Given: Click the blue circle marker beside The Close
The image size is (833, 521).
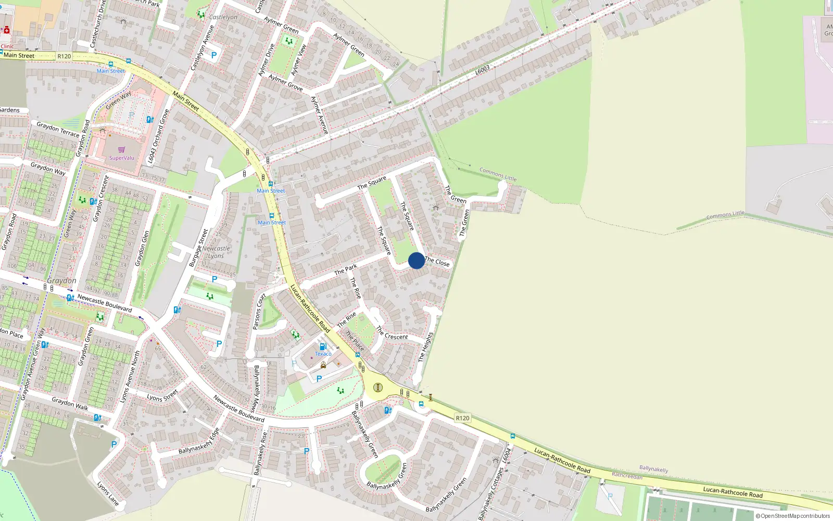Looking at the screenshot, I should point(416,260).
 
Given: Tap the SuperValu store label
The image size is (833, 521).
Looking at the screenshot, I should point(121,158).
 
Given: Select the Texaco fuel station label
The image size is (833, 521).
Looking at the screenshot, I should point(323,354).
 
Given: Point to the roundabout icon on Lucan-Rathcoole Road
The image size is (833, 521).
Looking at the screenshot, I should point(378,387).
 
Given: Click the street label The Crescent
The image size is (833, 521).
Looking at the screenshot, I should point(392,333).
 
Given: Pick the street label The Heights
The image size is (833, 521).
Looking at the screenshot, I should point(425,347).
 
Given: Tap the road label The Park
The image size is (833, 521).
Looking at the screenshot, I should point(346,269).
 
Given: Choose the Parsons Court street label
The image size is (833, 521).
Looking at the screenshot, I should point(259,312).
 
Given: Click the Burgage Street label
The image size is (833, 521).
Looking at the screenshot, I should point(198,247).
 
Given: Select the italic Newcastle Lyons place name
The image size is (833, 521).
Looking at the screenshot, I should point(216,252).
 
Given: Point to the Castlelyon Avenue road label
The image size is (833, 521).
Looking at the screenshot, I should point(203,47).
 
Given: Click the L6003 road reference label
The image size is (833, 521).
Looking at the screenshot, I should point(483,69).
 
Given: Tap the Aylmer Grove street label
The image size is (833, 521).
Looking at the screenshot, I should point(285,82).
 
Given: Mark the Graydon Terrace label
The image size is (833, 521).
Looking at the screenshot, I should point(58,129).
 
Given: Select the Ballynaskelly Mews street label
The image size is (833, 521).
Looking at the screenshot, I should point(256,389).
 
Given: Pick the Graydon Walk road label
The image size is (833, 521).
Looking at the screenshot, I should point(70,403).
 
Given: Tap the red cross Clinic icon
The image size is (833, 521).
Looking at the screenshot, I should point(7,30).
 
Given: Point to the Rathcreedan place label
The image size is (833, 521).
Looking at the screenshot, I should point(627,476).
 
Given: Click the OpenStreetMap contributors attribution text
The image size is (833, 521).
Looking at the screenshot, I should point(793,516).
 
